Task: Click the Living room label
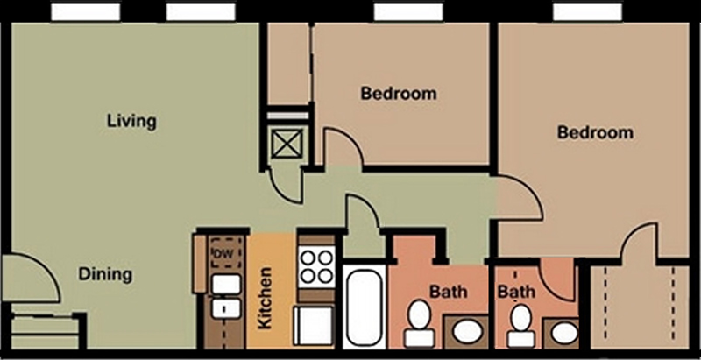131,122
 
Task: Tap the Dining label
105,274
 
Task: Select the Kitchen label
265,298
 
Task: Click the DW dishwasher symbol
227,253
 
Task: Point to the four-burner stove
316,266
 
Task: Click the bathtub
365,307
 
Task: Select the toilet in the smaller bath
520,326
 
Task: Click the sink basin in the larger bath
467,332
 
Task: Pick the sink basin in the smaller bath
564,333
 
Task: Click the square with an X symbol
287,144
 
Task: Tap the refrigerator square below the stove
314,326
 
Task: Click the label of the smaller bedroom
399,94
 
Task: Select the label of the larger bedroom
595,132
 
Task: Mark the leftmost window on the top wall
85,11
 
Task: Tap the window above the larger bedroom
587,11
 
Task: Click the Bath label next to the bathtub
449,292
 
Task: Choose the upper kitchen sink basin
227,284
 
